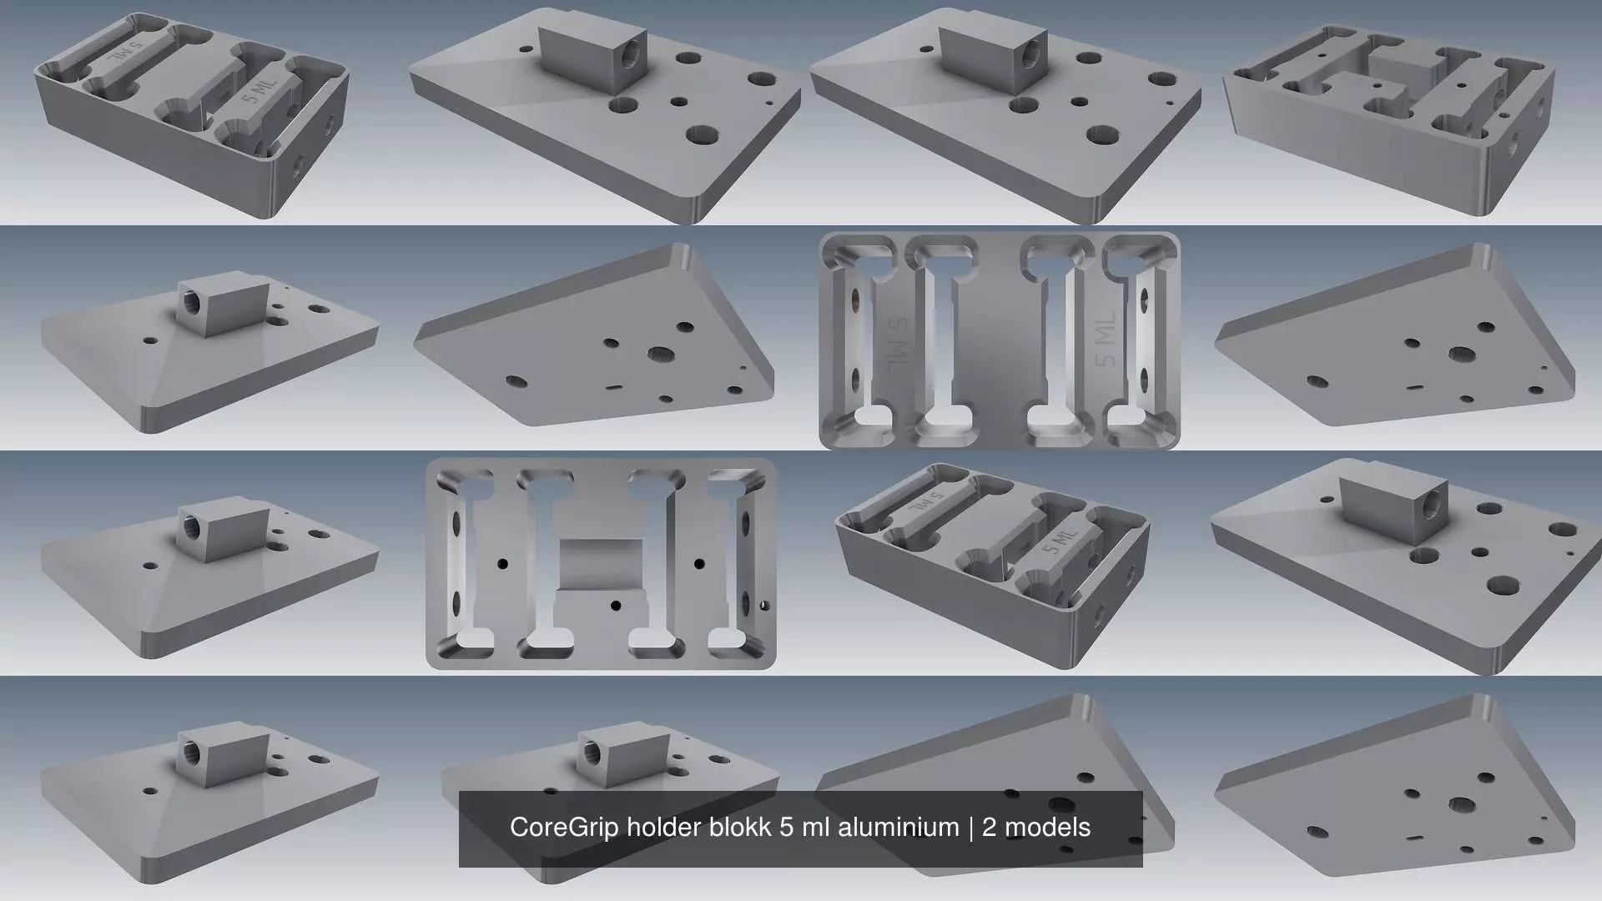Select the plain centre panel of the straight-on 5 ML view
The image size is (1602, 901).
point(1000,342)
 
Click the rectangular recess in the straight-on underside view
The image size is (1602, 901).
point(601,564)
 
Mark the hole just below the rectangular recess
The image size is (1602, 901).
point(616,605)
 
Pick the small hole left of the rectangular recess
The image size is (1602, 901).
point(503,564)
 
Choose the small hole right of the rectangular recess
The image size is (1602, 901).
point(699,564)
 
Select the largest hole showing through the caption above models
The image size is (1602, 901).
point(1060,805)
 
